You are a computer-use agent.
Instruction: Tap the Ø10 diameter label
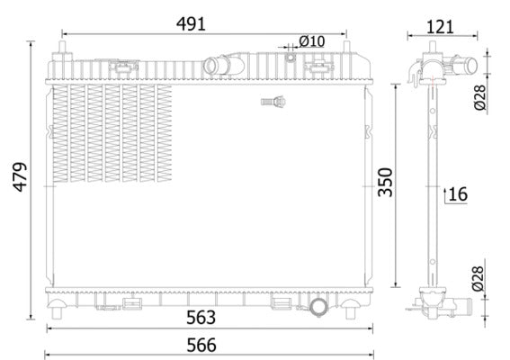(x=311, y=40)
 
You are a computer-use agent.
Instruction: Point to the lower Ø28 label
(x=479, y=279)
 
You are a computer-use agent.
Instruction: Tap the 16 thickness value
(x=458, y=193)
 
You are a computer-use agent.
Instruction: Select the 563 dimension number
(x=201, y=316)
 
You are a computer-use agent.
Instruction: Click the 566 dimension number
(x=201, y=344)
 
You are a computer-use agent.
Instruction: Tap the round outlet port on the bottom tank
(x=320, y=308)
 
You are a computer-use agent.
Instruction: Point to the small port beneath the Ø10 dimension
(x=291, y=58)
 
